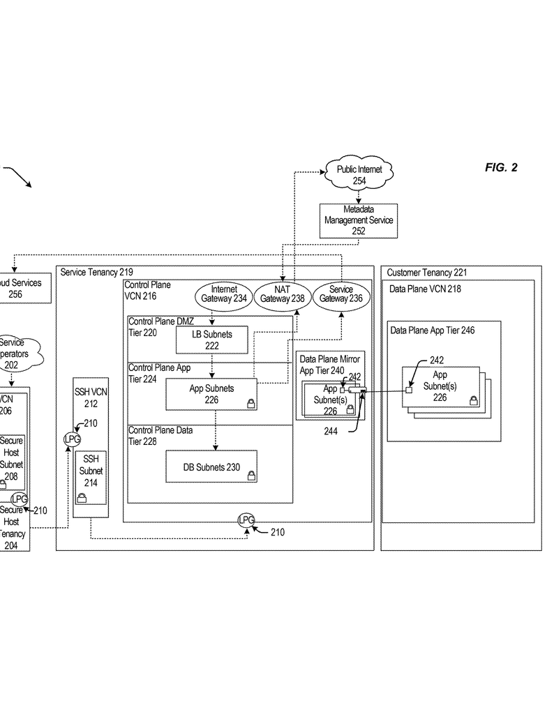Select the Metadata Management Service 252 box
coord(359,220)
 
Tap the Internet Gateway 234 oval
coord(224,294)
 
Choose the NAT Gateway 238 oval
coord(283,294)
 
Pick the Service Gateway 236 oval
coord(341,294)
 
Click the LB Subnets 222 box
coord(211,340)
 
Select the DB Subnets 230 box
coord(211,467)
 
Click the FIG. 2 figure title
coord(501,168)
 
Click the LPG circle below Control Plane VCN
coord(246,520)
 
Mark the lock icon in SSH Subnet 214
coord(82,497)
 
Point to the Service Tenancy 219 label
coord(96,272)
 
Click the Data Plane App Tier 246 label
coord(432,331)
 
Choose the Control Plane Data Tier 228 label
coord(160,436)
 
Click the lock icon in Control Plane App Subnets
coord(250,402)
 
